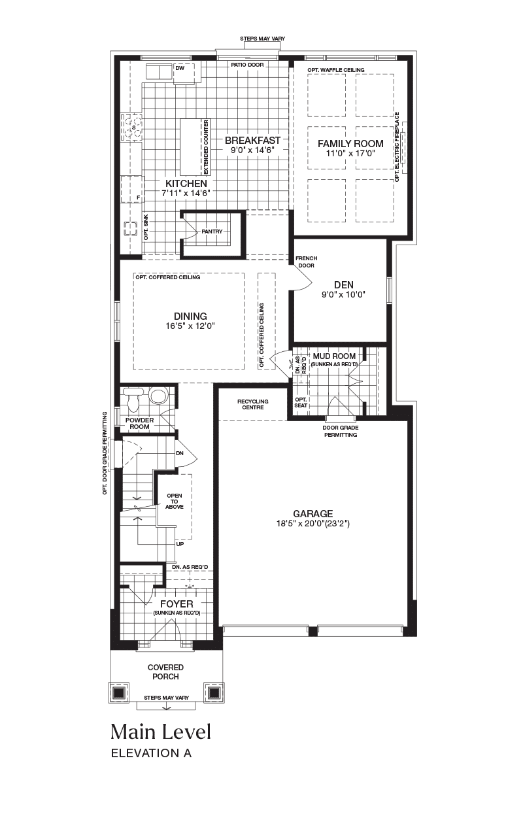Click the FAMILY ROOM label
point(350,143)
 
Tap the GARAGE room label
point(313,513)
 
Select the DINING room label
point(190,316)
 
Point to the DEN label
point(344,285)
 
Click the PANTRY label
point(212,231)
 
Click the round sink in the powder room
point(158,396)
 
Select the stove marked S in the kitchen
point(131,128)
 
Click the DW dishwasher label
point(180,69)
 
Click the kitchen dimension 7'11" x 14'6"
point(186,193)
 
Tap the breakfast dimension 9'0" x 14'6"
point(252,150)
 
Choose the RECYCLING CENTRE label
point(253,404)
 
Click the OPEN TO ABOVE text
point(175,502)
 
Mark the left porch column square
point(118,692)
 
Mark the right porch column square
point(214,692)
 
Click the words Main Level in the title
point(161,732)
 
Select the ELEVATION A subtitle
point(151,753)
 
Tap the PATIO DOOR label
point(247,65)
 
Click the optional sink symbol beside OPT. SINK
point(131,229)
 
